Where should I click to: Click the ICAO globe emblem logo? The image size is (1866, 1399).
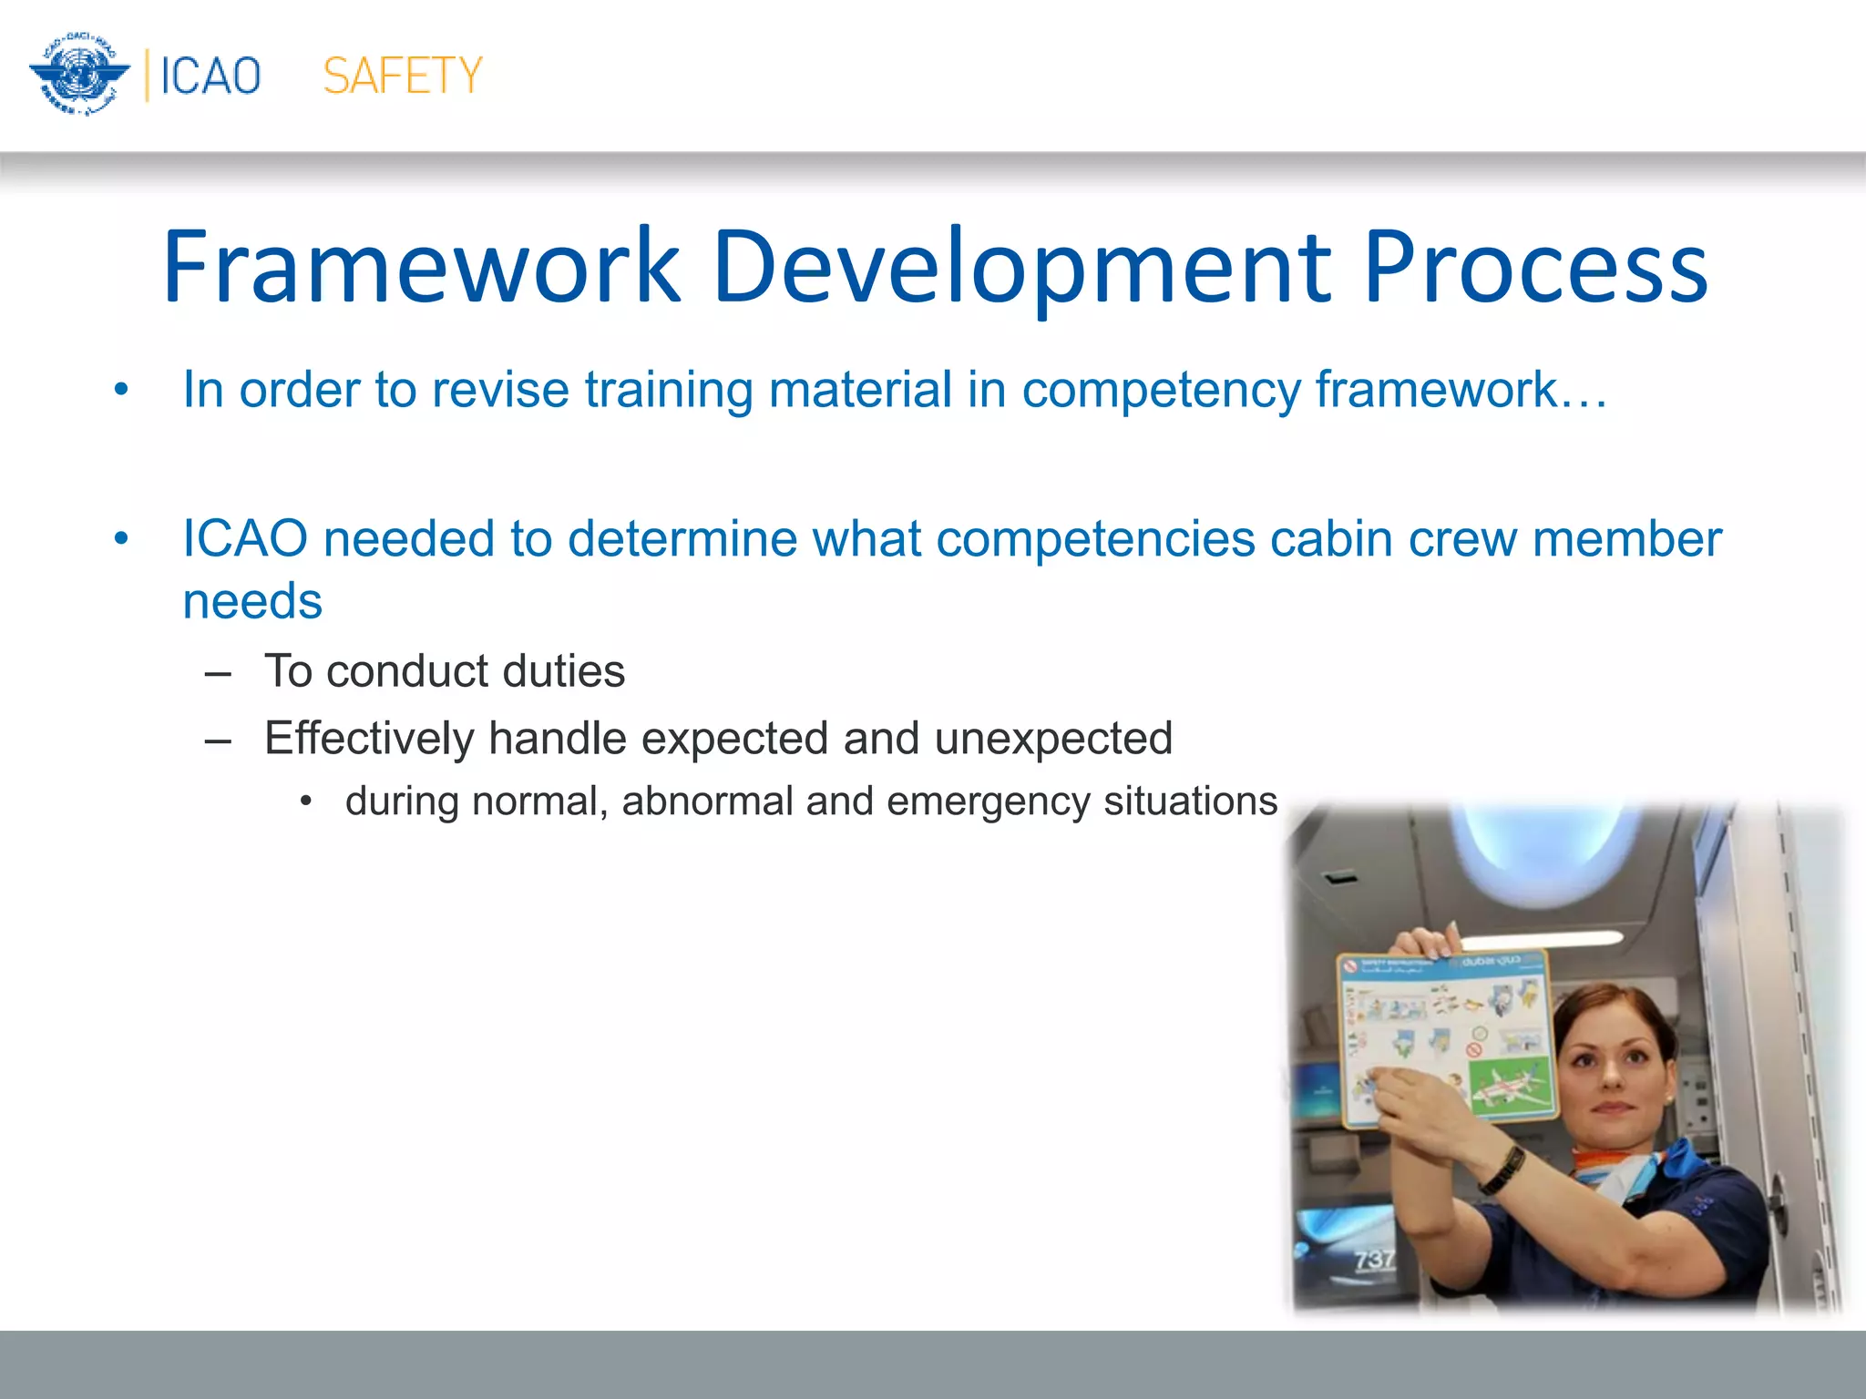click(80, 75)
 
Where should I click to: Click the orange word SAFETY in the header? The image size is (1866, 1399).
click(403, 76)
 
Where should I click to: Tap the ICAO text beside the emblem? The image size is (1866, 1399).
click(210, 76)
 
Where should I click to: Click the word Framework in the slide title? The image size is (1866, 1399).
click(421, 267)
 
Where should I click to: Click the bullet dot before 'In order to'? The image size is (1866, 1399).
click(121, 391)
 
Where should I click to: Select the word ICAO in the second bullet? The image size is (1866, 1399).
click(244, 538)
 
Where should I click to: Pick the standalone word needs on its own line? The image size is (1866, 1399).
click(252, 601)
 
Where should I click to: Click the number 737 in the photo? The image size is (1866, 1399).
click(1374, 1260)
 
